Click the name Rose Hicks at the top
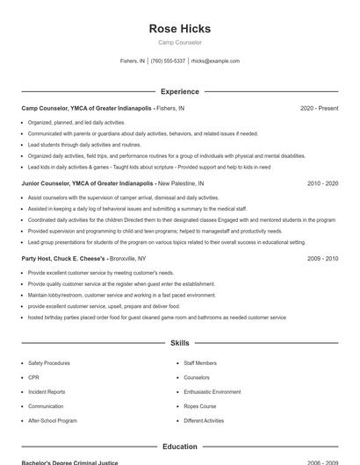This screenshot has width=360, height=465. click(x=179, y=28)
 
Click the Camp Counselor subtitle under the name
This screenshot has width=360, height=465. click(x=179, y=42)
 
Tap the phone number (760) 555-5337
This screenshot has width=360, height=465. click(x=168, y=61)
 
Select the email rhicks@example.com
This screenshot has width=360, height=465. click(x=215, y=61)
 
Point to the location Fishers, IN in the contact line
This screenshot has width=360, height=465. click(x=133, y=61)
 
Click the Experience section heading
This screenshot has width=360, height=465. click(x=179, y=91)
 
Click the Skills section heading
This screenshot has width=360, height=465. click(x=179, y=343)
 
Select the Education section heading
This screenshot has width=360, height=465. click(x=179, y=447)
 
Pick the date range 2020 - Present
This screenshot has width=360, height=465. click(x=319, y=108)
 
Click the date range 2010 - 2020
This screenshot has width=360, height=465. click(x=322, y=184)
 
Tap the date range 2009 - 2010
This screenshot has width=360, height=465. click(x=322, y=260)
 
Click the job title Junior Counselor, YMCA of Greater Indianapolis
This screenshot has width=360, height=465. click(x=88, y=184)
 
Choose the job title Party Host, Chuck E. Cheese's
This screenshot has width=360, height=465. click(x=64, y=260)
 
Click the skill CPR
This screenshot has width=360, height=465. click(x=33, y=377)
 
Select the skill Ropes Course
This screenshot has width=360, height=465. click(x=200, y=406)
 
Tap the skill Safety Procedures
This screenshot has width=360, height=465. click(x=49, y=362)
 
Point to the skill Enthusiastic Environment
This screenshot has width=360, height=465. click(x=212, y=392)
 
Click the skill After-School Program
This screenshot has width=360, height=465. click(x=53, y=421)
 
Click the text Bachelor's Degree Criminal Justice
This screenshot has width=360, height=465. click(x=69, y=462)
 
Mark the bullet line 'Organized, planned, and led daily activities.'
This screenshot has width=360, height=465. click(x=76, y=123)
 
